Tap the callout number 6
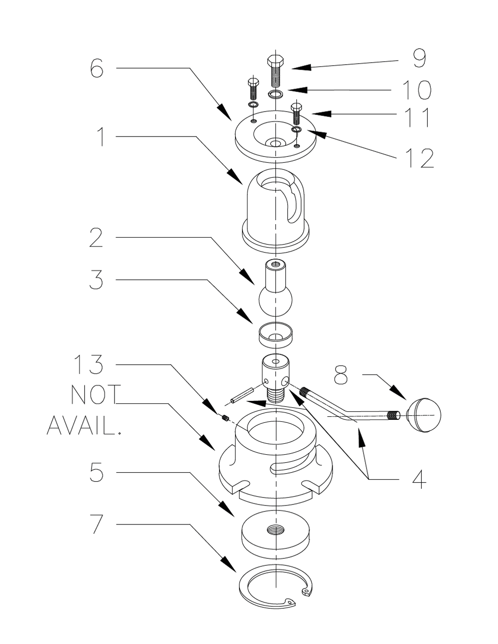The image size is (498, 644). click(97, 68)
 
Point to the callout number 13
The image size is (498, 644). click(89, 365)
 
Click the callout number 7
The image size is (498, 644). click(97, 524)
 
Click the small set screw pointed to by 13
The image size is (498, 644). click(225, 418)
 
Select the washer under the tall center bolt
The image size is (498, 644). click(275, 93)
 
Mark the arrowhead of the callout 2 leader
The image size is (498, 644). click(249, 280)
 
